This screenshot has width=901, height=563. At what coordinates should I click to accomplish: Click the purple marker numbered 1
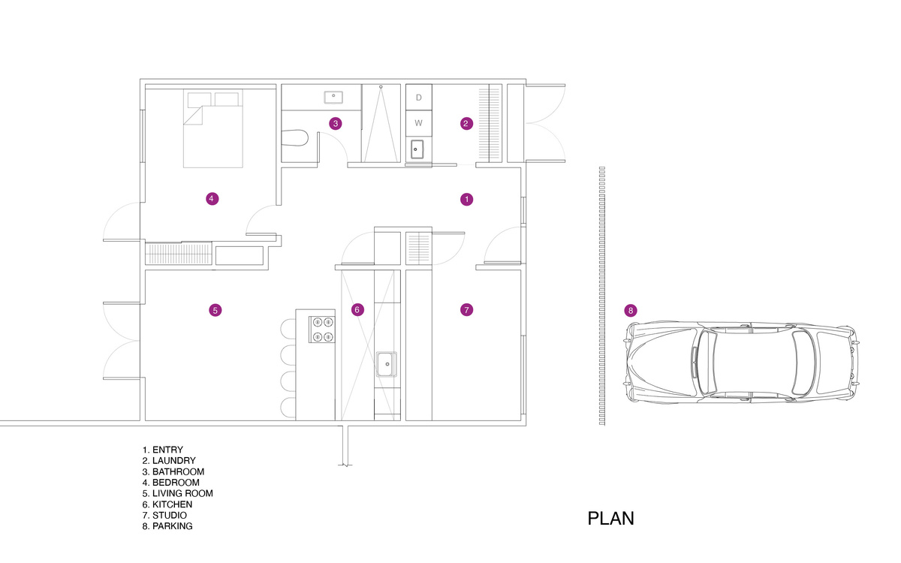click(466, 199)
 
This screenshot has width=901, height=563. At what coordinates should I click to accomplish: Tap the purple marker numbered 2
click(466, 123)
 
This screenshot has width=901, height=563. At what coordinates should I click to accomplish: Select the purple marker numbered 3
click(336, 123)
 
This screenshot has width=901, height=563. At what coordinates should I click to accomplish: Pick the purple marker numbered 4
click(212, 199)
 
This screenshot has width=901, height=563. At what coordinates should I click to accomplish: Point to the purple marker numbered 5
click(215, 309)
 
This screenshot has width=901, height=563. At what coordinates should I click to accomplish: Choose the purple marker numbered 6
click(357, 309)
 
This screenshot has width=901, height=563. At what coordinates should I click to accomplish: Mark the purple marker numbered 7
click(466, 309)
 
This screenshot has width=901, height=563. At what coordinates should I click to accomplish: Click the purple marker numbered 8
click(631, 310)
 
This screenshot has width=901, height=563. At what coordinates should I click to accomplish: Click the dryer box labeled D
click(419, 98)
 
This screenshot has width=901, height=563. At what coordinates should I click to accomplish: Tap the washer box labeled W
click(419, 122)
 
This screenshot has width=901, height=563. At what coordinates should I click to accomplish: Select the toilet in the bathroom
click(297, 139)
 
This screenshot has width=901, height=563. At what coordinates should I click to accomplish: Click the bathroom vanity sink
click(334, 96)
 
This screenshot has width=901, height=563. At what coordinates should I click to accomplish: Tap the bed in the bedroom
click(214, 131)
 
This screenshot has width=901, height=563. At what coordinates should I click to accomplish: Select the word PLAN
click(610, 519)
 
